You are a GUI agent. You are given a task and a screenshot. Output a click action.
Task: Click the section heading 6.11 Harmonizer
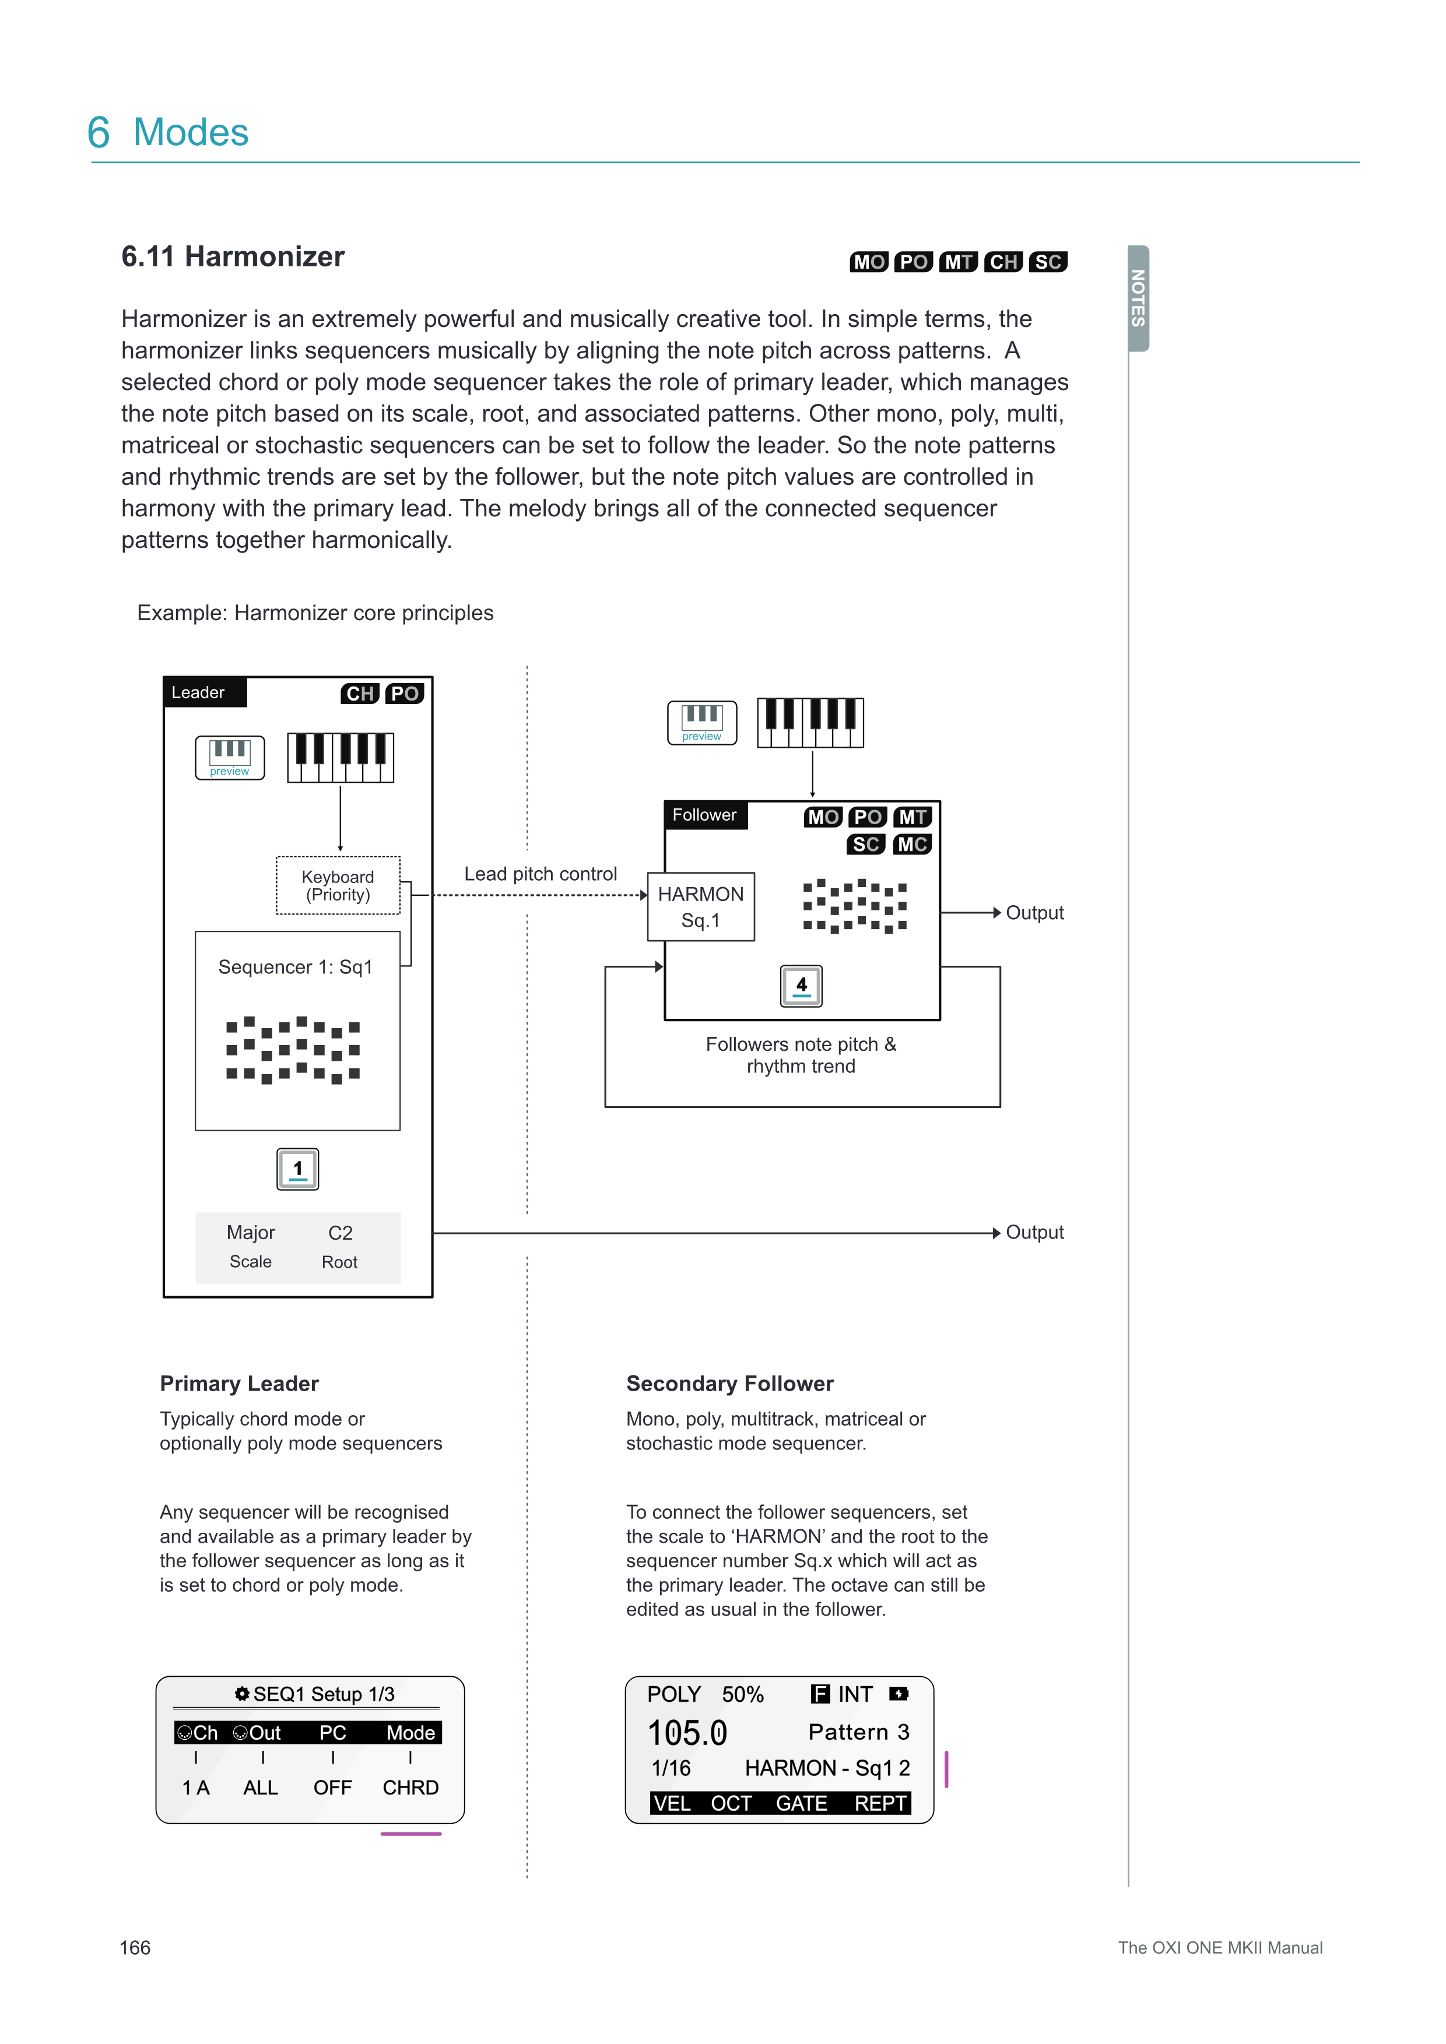[x=233, y=257]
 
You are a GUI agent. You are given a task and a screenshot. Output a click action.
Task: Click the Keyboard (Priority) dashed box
[x=338, y=886]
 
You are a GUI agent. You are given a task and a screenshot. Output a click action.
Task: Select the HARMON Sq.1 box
[x=701, y=906]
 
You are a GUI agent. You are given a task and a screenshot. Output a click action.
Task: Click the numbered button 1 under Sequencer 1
[x=297, y=1169]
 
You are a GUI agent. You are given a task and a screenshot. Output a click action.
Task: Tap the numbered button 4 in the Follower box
[x=801, y=986]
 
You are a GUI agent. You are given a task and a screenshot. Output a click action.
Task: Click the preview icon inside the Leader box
[x=230, y=758]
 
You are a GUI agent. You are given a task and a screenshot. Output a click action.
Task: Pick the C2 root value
[x=340, y=1233]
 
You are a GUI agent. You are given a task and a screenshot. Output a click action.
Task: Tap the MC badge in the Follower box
[x=912, y=844]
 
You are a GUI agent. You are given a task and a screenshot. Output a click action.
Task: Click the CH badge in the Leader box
[x=360, y=694]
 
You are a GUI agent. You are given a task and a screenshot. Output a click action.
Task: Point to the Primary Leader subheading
[x=238, y=1384]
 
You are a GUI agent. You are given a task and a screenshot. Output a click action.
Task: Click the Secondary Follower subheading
[x=729, y=1384]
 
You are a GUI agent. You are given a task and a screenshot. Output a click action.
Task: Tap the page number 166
[x=135, y=1948]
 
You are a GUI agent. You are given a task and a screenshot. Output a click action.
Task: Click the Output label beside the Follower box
[x=1034, y=913]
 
